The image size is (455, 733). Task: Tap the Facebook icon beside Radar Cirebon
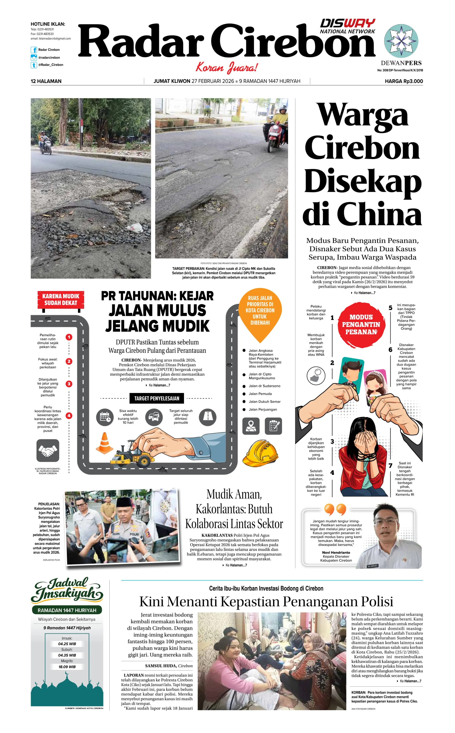[34, 50]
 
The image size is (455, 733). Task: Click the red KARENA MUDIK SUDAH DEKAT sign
[61, 300]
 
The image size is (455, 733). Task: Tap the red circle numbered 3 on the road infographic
[69, 384]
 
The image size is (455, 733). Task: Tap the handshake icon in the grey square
[48, 450]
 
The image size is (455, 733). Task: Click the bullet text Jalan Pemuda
[260, 394]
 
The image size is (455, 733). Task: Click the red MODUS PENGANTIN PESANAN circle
[361, 325]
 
